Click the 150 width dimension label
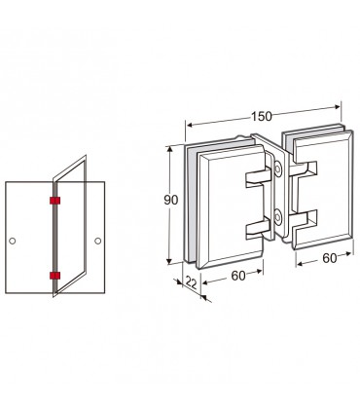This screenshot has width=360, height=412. (262, 116)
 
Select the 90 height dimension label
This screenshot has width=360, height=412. (170, 200)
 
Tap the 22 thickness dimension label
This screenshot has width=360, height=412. (191, 282)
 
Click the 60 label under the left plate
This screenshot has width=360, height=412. (238, 276)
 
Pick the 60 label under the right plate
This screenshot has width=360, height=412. (330, 258)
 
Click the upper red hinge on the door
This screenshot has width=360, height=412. (55, 201)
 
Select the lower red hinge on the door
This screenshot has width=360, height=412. (55, 276)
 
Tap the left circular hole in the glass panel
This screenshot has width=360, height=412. (13, 241)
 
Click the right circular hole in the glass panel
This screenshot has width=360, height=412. (97, 241)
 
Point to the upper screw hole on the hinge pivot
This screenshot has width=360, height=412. (278, 169)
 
